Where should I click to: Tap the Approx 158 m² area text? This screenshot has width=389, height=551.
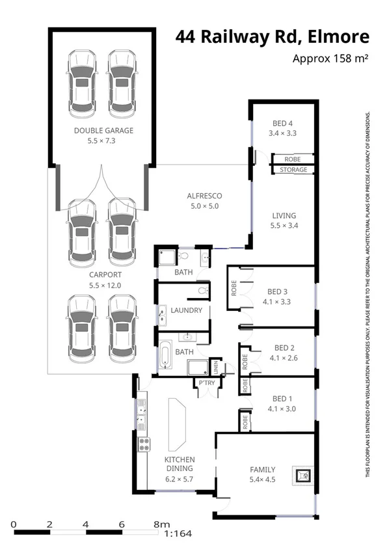330,59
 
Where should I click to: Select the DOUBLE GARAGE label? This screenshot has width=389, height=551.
103,130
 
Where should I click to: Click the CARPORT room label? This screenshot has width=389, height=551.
104,275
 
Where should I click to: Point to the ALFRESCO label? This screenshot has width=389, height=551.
205,196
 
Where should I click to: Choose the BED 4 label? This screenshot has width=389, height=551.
282,124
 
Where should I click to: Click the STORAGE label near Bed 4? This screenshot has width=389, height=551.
293,170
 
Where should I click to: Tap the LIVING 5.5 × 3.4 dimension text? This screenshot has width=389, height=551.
283,226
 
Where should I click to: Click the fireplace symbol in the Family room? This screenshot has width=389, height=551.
302,476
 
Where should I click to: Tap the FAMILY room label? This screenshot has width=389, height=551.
262,469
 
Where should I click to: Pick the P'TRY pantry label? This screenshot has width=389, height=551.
207,382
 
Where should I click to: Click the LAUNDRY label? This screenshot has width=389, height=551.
186,310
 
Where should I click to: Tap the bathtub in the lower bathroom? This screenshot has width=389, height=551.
165,356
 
